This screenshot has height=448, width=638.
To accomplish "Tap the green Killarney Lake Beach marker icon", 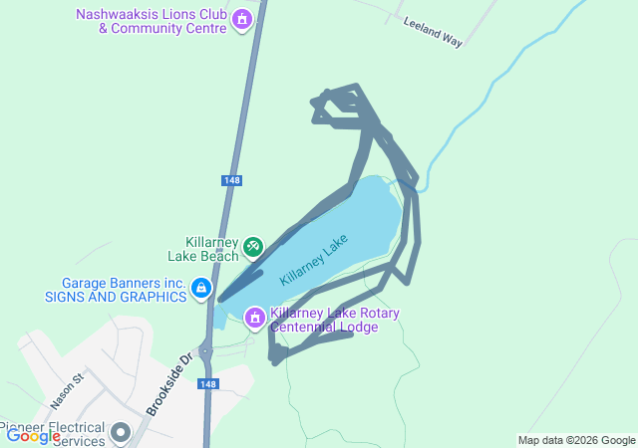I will (253, 245).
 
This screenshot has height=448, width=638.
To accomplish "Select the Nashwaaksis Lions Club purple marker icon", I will (240, 19).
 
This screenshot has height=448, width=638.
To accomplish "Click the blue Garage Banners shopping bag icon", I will (201, 289).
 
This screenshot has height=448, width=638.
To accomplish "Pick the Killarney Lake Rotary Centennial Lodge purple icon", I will (254, 317).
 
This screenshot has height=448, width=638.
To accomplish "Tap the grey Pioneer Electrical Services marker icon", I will (122, 433).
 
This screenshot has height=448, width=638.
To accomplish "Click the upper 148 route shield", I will (231, 180).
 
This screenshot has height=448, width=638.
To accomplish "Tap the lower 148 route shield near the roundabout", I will (207, 384).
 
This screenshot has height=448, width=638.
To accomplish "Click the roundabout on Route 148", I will (206, 350).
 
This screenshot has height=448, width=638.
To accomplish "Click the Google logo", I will (33, 435).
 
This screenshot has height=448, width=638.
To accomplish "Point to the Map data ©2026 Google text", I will (575, 440).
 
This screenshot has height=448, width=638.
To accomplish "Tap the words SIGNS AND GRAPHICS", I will (116, 296).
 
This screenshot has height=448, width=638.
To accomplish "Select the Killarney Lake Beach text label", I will (211, 249).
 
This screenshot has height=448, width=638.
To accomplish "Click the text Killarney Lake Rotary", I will (334, 313).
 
